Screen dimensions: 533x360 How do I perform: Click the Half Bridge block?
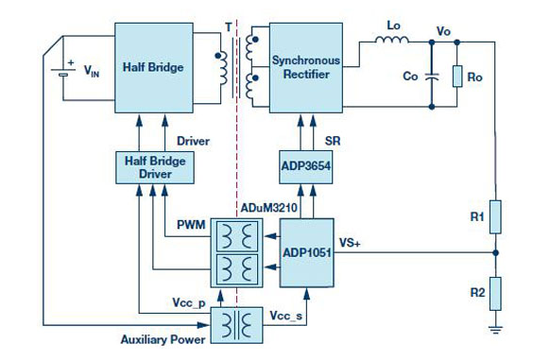(154, 68)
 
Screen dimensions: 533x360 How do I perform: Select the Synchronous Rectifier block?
(306, 68)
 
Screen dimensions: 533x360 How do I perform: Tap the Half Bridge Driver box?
(155, 167)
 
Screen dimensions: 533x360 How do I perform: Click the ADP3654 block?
(306, 167)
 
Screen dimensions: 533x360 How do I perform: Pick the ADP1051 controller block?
(306, 253)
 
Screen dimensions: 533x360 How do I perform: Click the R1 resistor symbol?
(495, 217)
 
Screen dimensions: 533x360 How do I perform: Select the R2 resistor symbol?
(495, 294)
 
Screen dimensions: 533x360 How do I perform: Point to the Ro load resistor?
(457, 77)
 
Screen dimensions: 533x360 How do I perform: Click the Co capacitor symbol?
(432, 77)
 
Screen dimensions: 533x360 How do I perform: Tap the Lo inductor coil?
(392, 40)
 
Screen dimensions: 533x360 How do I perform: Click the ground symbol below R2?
(495, 329)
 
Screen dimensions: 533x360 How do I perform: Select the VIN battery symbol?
(63, 72)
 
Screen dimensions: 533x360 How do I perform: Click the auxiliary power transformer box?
(237, 325)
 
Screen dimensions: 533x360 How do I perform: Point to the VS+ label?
(350, 243)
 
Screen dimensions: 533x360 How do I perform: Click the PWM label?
(191, 225)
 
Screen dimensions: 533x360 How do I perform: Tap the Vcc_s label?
(286, 316)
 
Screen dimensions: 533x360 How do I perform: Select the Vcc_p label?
(189, 302)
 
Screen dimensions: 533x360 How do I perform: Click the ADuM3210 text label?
(269, 207)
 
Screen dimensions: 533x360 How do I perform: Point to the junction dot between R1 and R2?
(495, 253)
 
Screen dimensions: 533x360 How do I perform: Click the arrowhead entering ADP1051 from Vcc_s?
(306, 294)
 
